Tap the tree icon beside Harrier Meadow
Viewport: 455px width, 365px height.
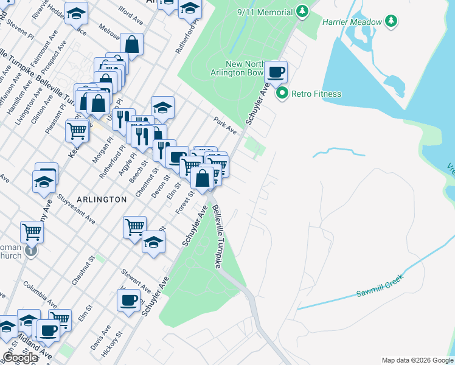coord(392,22)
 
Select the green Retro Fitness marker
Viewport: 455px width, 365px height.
coord(282,94)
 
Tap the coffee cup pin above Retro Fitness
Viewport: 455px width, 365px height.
coord(276,72)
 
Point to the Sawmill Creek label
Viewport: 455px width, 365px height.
coord(380,289)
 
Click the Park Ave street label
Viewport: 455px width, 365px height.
coord(224,126)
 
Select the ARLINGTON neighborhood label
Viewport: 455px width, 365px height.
coord(102,200)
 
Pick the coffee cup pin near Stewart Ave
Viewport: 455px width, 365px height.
coord(128,300)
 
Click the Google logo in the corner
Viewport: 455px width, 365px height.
coord(20,358)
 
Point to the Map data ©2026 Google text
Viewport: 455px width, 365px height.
coord(417,360)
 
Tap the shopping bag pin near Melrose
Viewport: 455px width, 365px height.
coord(131,44)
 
